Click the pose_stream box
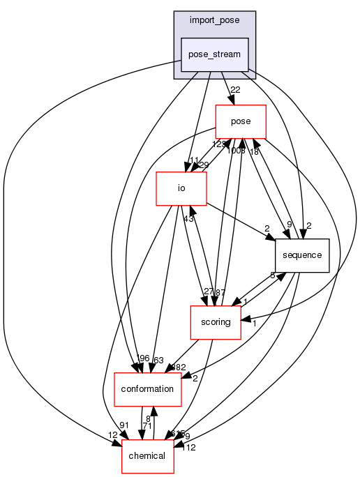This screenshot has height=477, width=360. tap(215, 54)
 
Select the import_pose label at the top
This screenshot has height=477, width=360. tap(214, 20)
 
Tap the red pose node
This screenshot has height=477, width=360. tap(241, 121)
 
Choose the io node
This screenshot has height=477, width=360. tap(181, 188)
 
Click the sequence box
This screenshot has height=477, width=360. tap(301, 255)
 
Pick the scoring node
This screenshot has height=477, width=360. tap(216, 322)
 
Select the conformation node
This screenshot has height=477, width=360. tap(148, 388)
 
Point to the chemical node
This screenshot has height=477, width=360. tap(148, 455)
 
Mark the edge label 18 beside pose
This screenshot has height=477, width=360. tap(254, 151)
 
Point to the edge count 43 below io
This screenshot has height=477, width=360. tap(188, 219)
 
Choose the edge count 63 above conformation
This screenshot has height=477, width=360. tap(158, 359)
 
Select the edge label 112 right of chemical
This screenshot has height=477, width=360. tap(188, 447)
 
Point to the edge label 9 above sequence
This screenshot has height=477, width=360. tap(290, 225)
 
